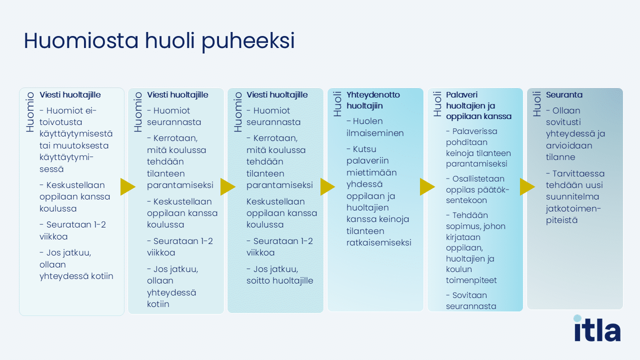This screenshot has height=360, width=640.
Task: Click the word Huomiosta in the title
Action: coord(81,40)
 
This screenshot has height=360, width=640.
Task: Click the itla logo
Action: coord(597,328)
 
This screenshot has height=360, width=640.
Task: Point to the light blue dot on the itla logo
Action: coord(577,318)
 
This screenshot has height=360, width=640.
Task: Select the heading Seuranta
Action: coord(564,95)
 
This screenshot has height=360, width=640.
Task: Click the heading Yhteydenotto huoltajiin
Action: coord(373,100)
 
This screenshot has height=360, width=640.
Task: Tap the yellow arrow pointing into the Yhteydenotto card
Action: coord(327,187)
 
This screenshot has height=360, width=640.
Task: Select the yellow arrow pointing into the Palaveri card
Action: coord(427,187)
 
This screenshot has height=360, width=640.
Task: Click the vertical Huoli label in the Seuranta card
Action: coord(537,104)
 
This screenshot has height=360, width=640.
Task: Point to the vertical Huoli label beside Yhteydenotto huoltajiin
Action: coord(337,104)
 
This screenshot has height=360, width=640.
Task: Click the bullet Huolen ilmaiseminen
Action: coord(375,127)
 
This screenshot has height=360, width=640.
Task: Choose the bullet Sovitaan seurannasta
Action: coord(471,300)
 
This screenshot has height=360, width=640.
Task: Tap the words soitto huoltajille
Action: coord(279,280)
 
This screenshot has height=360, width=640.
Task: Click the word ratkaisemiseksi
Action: coord(379,242)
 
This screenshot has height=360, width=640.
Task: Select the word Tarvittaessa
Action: coord(578,173)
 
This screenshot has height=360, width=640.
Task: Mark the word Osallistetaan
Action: coord(478,179)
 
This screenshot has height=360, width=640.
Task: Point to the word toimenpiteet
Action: coord(471,280)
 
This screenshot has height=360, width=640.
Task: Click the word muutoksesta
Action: coord(81,145)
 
